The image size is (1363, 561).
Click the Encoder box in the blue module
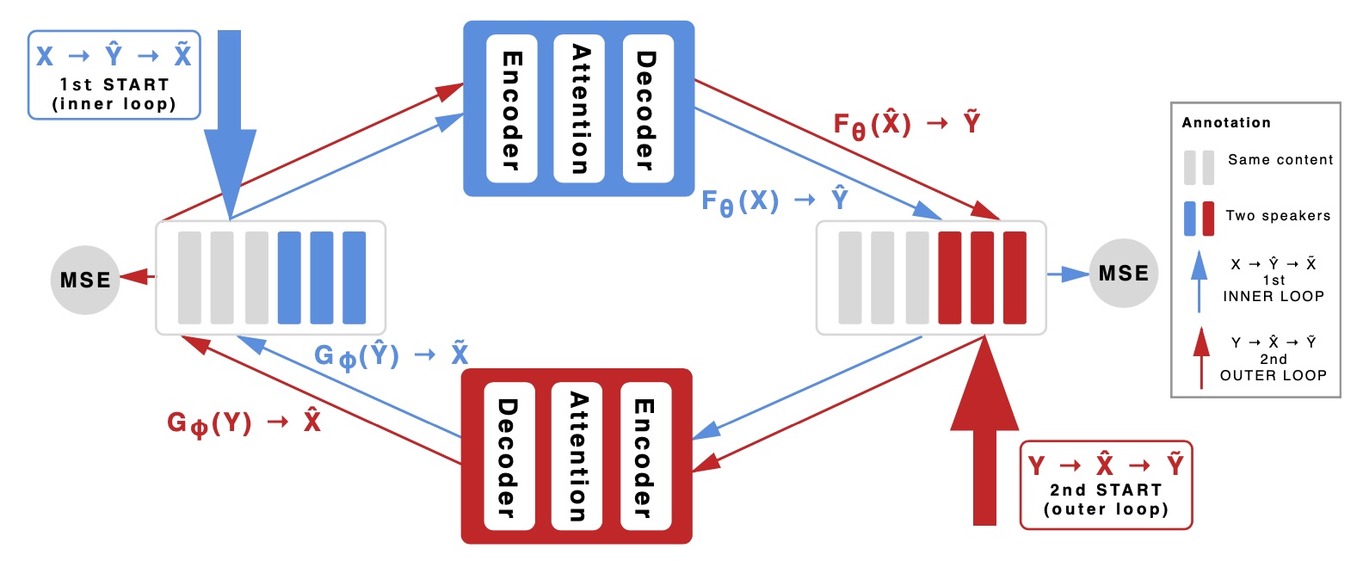512,109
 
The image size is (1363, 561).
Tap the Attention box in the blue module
579,109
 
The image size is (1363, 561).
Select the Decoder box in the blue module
647,109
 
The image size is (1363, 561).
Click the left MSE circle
84,280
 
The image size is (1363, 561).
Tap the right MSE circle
1123,274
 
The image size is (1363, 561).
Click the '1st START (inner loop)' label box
114,75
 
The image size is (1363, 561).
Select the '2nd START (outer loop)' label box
1106,484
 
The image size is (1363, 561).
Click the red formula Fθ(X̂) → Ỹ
906,125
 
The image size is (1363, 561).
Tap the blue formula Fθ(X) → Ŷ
774,201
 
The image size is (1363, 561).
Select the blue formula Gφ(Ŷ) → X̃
392,354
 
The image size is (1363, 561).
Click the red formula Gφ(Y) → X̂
244,422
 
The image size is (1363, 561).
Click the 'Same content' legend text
1280,160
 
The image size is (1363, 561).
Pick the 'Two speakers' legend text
1278,216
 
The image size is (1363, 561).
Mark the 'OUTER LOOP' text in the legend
1273,375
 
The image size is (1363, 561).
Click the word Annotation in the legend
1225,122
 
